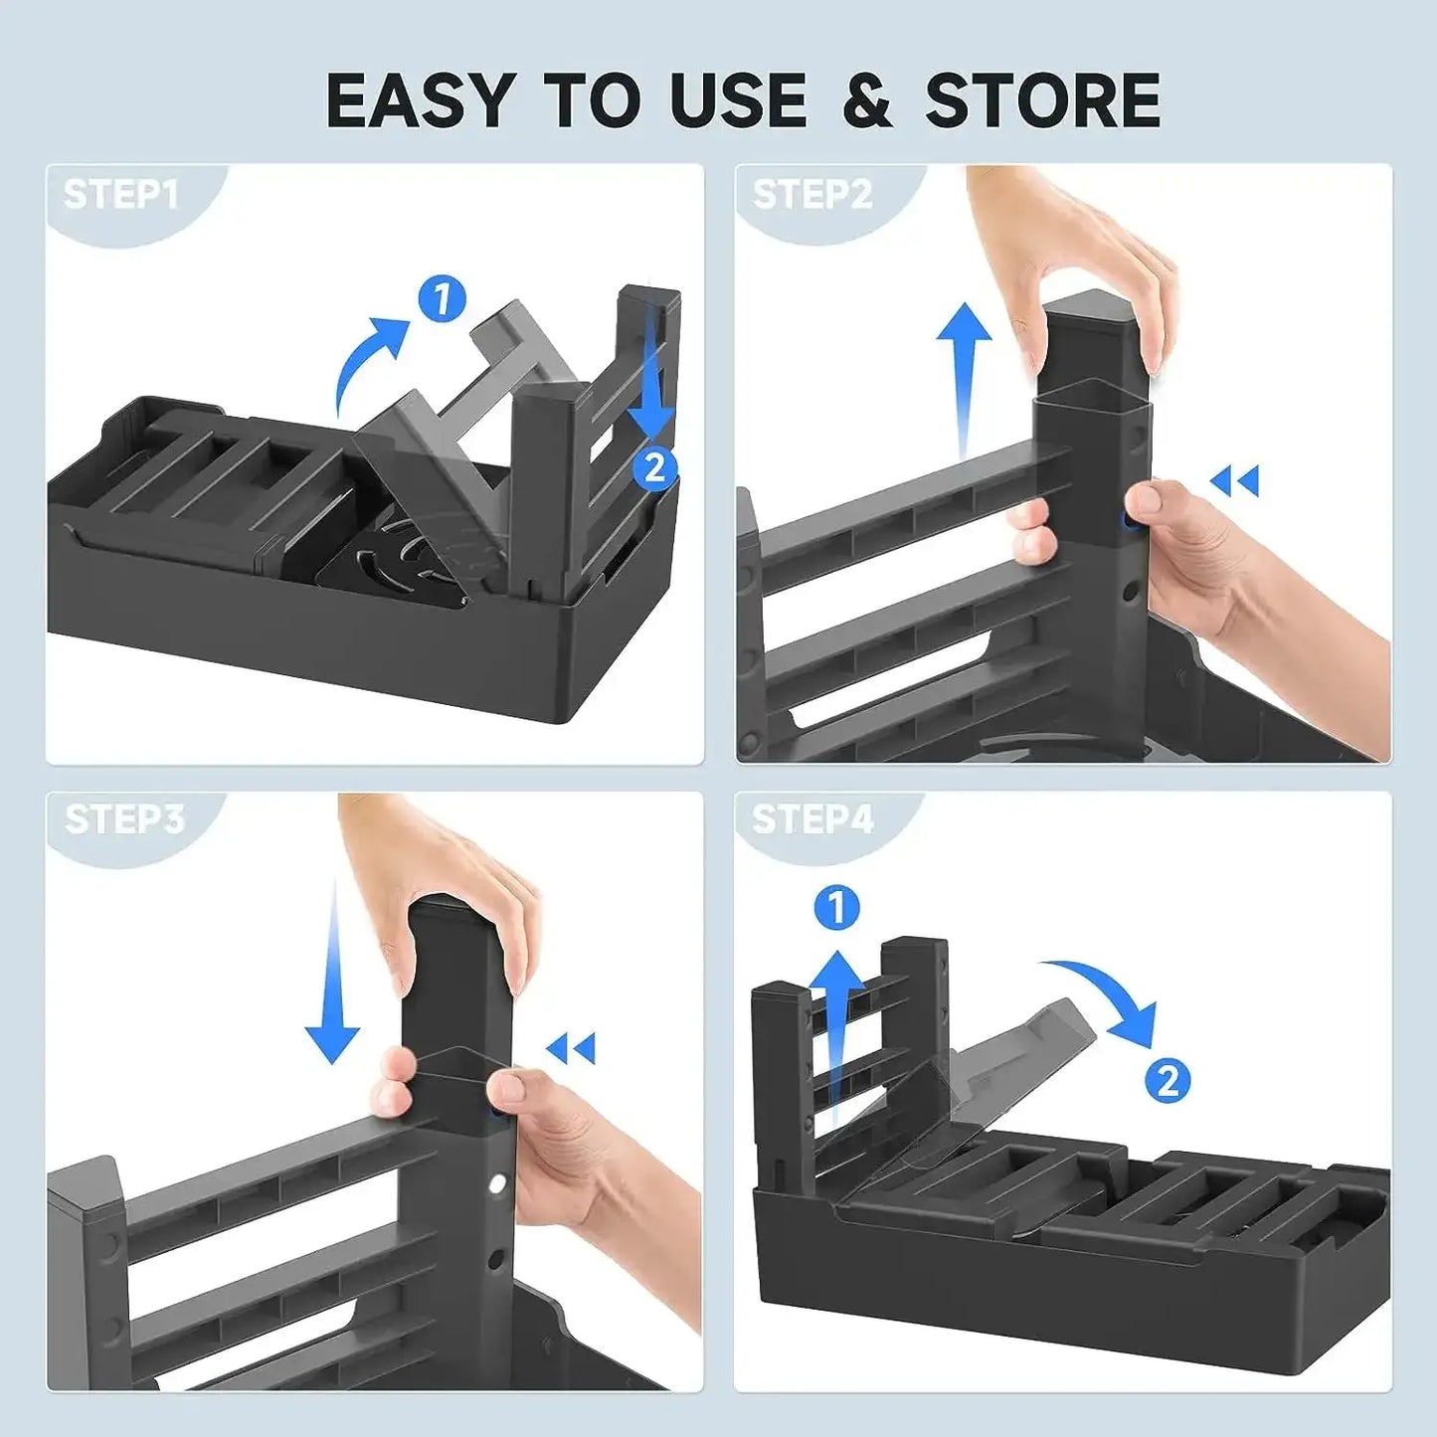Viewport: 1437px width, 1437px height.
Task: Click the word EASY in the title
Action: [x=419, y=100]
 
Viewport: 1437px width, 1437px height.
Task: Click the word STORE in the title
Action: [x=1043, y=100]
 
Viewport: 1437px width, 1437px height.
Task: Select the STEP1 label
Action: [x=120, y=194]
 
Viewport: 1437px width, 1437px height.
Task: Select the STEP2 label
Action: [x=811, y=194]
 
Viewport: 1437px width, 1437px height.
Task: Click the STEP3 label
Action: [x=124, y=819]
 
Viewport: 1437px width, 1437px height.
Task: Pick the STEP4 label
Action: [x=812, y=819]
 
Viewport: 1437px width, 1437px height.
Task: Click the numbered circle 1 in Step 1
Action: [x=443, y=297]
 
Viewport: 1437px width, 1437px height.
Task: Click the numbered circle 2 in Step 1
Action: [x=654, y=467]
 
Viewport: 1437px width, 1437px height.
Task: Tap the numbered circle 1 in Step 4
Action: [x=836, y=908]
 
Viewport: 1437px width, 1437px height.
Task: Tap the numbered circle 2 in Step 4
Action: [x=1168, y=1080]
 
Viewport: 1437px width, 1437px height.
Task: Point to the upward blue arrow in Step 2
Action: [x=963, y=378]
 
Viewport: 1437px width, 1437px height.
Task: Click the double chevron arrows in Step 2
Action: [x=1235, y=481]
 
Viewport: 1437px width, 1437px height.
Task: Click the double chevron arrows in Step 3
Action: [x=571, y=1048]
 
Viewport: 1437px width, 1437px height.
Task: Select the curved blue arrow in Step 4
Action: [x=1104, y=994]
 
